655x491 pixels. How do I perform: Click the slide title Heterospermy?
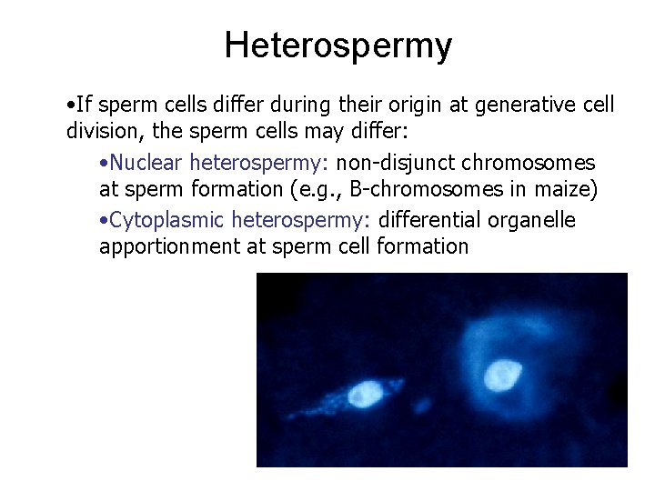click(338, 45)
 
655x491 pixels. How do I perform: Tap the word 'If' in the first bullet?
click(85, 105)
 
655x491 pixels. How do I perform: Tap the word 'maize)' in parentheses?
click(561, 188)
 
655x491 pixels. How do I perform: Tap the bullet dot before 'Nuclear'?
click(105, 164)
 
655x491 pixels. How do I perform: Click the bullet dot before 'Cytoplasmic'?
click(105, 221)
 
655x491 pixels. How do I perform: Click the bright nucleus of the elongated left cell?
click(366, 393)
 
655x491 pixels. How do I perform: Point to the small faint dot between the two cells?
click(422, 403)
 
